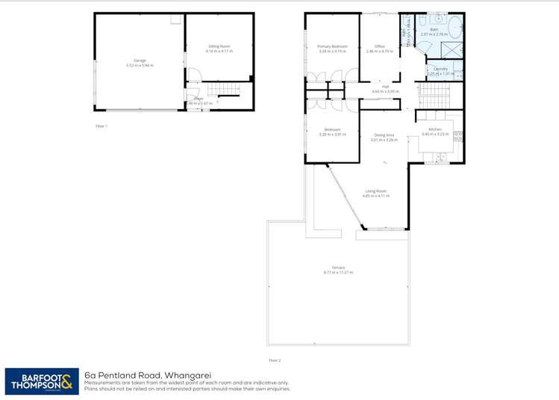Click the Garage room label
[x=140, y=60]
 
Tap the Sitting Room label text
[x=219, y=46]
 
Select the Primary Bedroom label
[x=332, y=46]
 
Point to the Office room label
[x=380, y=46]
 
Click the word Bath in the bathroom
[x=434, y=30]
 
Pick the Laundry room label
[x=440, y=69]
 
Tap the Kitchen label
[x=435, y=129]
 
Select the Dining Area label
[x=384, y=135]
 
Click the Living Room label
[x=375, y=191]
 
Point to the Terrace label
[x=338, y=268]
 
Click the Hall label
[x=387, y=87]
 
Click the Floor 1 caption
[x=102, y=126]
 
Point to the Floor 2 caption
[x=275, y=360]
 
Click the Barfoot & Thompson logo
[x=40, y=381]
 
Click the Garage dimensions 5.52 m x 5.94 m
[x=140, y=65]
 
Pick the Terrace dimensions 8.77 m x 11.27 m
[x=338, y=273]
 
